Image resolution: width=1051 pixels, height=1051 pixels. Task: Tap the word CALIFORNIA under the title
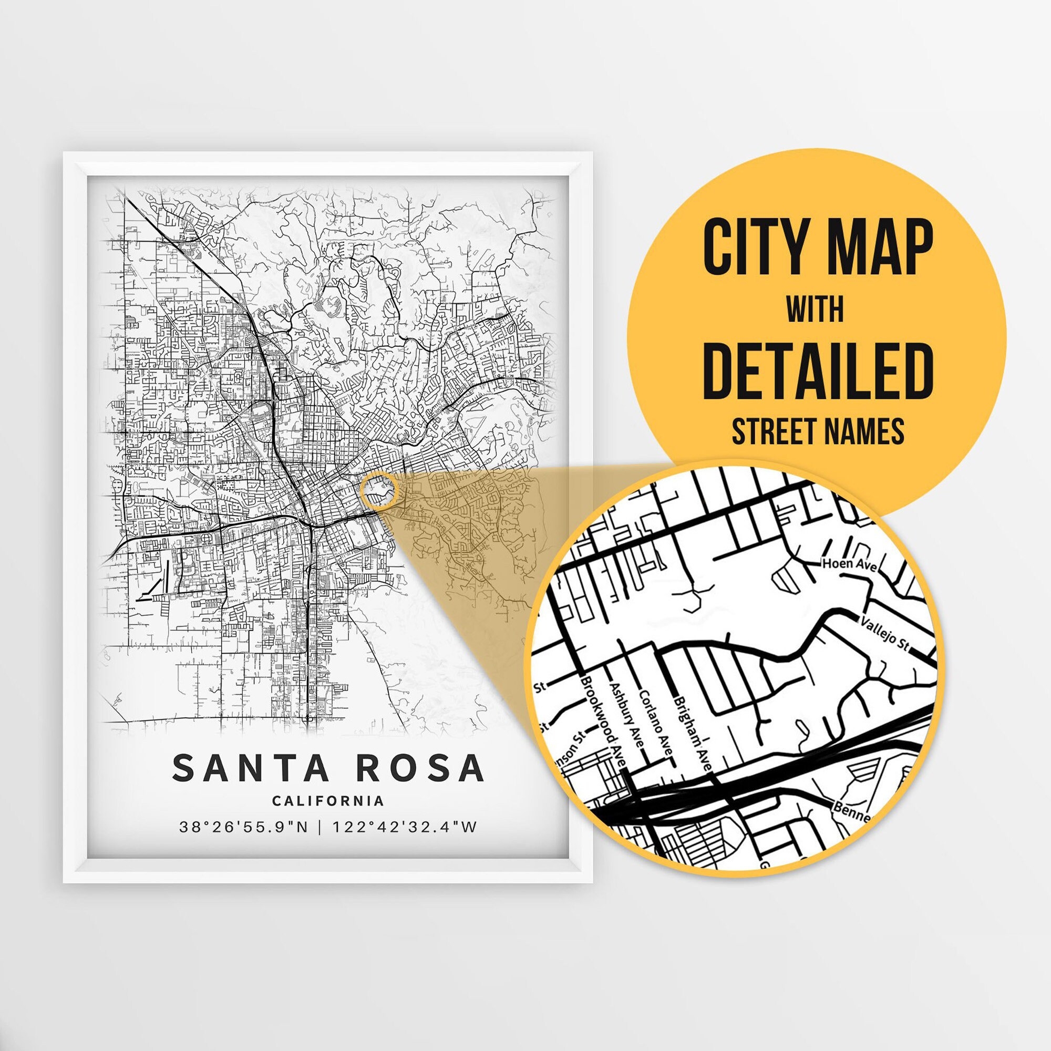tap(328, 801)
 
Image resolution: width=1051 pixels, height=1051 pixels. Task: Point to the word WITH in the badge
tap(816, 309)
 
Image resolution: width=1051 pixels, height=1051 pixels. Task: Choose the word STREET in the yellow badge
tap(772, 431)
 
